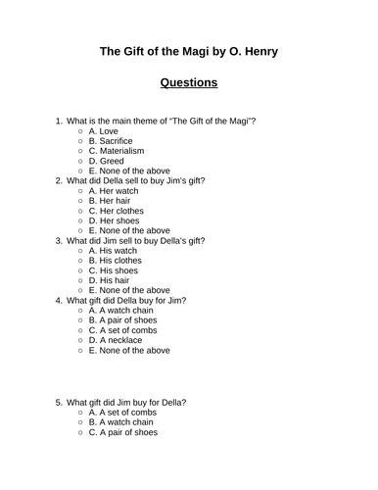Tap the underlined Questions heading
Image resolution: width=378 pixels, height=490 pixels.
pos(189,84)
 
